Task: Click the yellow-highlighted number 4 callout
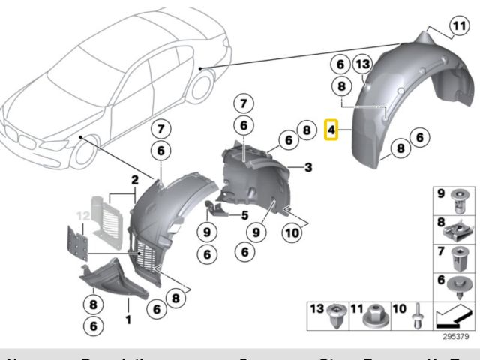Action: (331, 130)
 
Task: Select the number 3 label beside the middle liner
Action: (307, 166)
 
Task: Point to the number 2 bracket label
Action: (135, 180)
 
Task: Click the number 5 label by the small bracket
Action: (244, 215)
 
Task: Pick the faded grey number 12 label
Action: (83, 216)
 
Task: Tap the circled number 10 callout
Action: (292, 233)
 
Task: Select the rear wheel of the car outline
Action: (199, 85)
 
